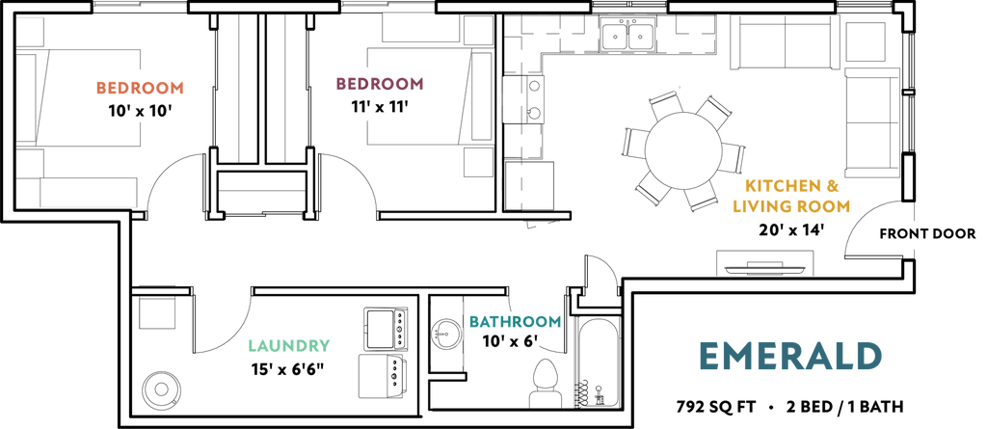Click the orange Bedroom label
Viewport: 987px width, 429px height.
click(140, 88)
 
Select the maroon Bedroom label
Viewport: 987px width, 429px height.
click(379, 84)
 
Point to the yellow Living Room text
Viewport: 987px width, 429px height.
click(791, 205)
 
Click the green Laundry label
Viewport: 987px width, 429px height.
click(290, 345)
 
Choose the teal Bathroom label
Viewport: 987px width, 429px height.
click(515, 322)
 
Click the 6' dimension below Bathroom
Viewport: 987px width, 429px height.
click(529, 340)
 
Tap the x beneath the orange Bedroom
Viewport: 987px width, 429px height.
click(140, 112)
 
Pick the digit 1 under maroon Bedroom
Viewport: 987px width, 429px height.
click(365, 108)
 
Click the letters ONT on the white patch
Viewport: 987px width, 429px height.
click(913, 233)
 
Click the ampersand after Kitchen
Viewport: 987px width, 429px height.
click(835, 186)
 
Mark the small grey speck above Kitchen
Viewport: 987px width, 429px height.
click(680, 87)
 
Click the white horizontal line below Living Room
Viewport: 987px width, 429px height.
click(764, 275)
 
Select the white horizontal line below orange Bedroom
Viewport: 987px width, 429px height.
click(88, 204)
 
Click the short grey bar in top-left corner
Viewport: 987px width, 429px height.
click(31, 18)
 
